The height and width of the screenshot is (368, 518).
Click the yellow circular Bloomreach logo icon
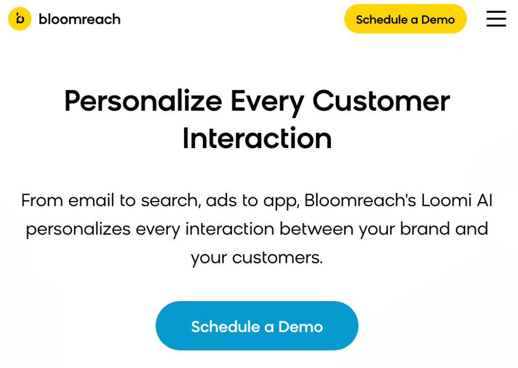pyautogui.click(x=20, y=19)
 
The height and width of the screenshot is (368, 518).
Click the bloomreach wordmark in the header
pyautogui.click(x=79, y=19)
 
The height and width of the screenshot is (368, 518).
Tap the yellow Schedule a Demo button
pyautogui.click(x=405, y=19)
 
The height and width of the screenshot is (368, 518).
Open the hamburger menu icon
pyautogui.click(x=496, y=19)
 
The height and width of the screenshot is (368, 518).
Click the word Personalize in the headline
pyautogui.click(x=143, y=101)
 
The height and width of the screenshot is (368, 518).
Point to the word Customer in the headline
pyautogui.click(x=381, y=101)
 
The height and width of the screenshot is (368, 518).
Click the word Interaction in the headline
pyautogui.click(x=257, y=139)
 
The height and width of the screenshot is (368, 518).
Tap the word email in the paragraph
pyautogui.click(x=91, y=200)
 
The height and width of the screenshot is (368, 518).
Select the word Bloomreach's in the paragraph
pyautogui.click(x=360, y=200)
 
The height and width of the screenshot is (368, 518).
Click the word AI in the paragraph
pyautogui.click(x=485, y=200)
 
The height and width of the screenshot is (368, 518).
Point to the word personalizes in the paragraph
pyautogui.click(x=78, y=229)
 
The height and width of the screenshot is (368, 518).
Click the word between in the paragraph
pyautogui.click(x=317, y=228)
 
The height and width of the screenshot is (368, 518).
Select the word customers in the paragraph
pyautogui.click(x=278, y=258)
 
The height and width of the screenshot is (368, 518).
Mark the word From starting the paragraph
pyautogui.click(x=42, y=200)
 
